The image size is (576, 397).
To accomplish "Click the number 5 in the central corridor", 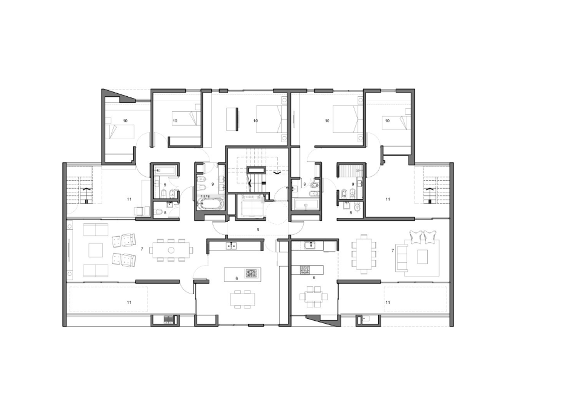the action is click(x=258, y=230).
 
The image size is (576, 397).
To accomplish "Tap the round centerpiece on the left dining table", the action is click(x=171, y=250).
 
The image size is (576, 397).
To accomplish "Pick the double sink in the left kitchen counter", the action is click(x=231, y=245).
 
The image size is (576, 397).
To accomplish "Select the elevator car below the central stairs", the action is click(x=250, y=206).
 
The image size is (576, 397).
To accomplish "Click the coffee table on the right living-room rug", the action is click(x=422, y=257).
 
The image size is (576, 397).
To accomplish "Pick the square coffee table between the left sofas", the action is click(x=96, y=250).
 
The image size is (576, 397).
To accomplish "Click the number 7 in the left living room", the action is click(x=142, y=249).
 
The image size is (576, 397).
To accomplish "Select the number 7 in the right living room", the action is click(x=393, y=251).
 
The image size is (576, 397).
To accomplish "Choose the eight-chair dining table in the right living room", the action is click(x=364, y=254).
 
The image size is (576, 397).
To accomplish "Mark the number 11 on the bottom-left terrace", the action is click(x=129, y=303).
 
